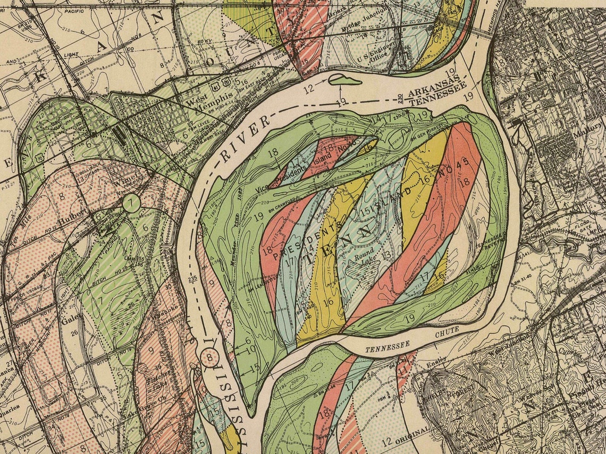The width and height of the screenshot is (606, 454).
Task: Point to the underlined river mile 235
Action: click(192, 277)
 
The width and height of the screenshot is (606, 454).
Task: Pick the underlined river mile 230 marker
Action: click(400, 97)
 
